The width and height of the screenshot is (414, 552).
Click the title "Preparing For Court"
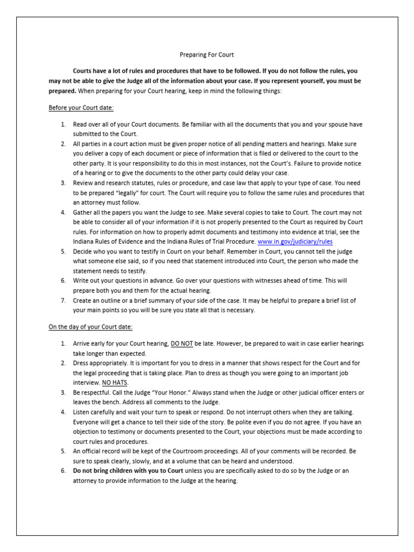click(206, 55)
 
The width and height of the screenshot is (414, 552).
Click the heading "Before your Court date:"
click(81, 108)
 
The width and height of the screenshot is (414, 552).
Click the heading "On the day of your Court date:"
click(91, 327)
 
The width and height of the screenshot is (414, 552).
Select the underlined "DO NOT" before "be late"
click(182, 343)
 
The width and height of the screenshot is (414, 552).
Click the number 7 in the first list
click(63, 300)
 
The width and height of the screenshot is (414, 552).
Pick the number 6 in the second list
click(63, 471)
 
